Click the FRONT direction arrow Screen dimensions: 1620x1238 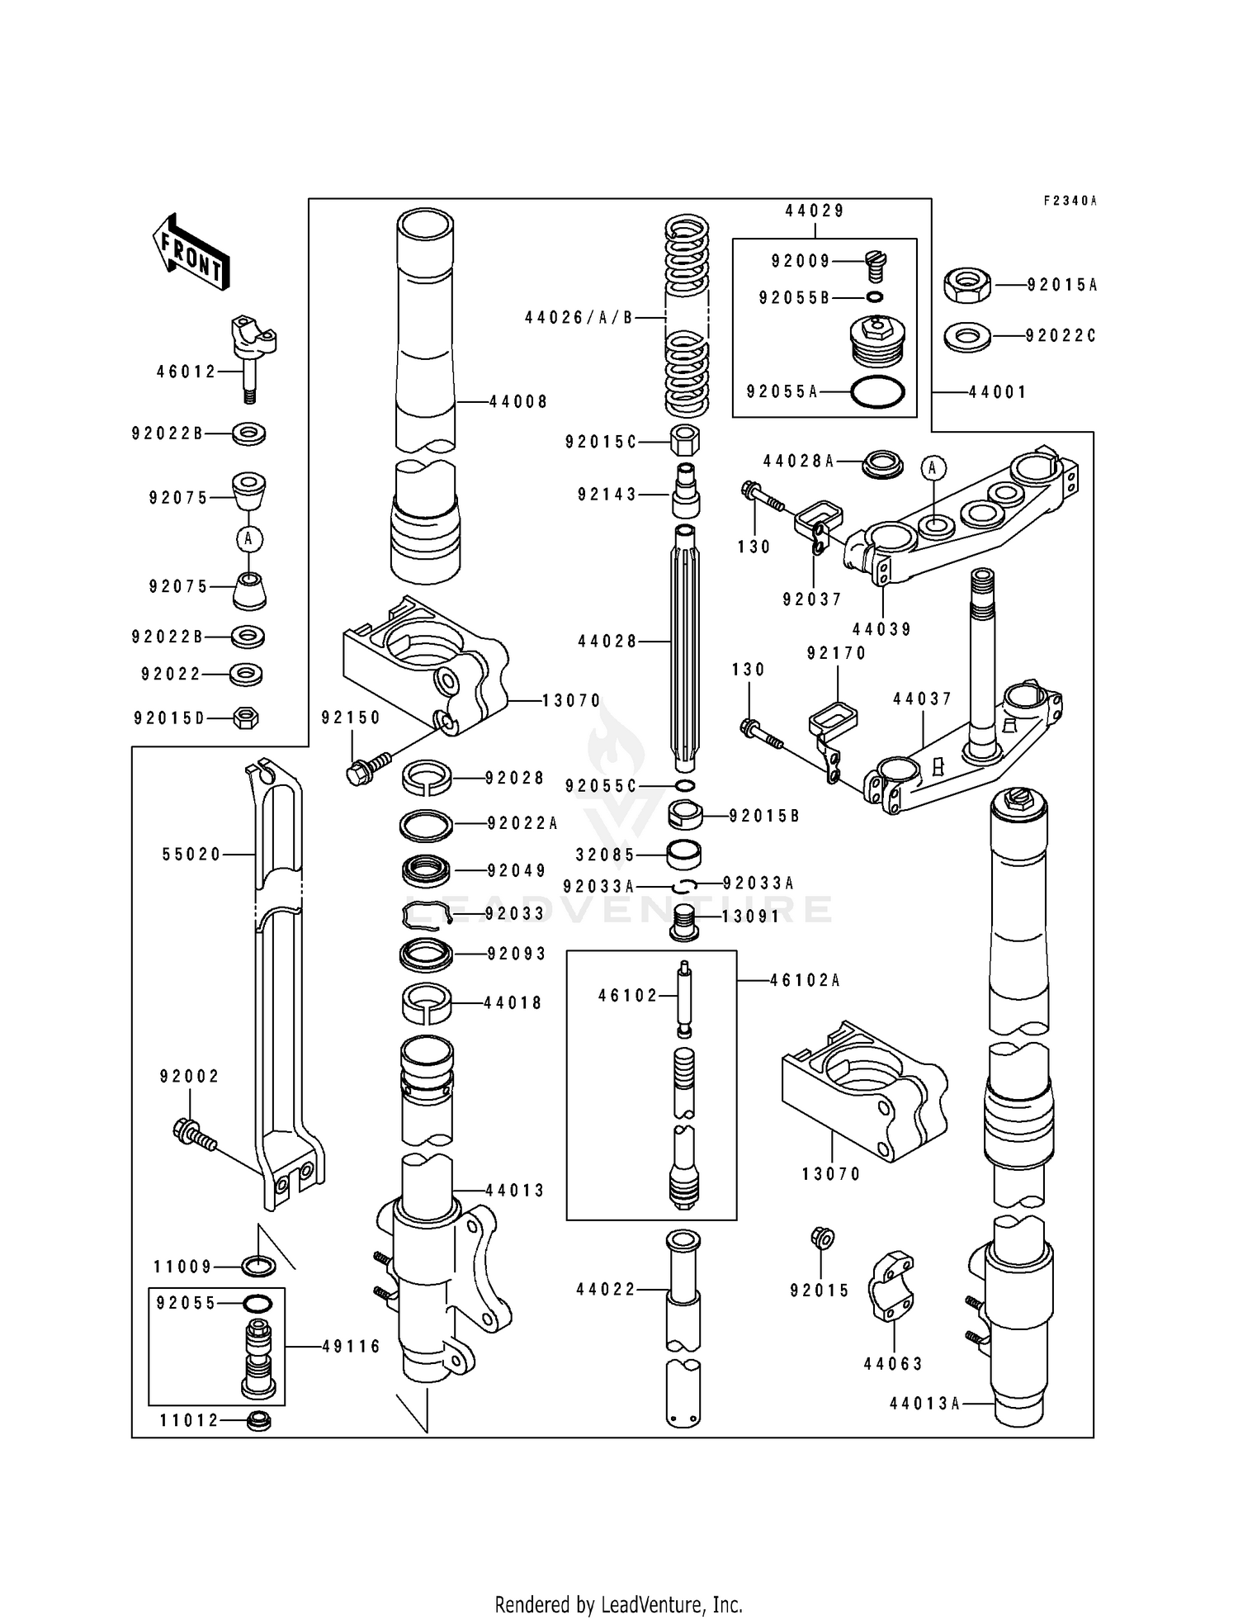[191, 252]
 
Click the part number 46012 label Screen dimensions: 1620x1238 [187, 372]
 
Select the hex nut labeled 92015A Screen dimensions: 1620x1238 [966, 285]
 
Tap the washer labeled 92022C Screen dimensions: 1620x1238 [967, 337]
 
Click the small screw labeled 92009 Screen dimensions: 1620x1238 [876, 266]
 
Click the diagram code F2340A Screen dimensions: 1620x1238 [1070, 201]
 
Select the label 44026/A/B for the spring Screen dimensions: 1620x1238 [579, 318]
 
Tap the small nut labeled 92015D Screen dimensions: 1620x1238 [246, 718]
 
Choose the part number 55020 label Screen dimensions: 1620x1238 [192, 855]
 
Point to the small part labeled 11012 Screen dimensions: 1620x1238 [259, 1421]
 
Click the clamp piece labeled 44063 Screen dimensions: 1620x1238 [891, 1291]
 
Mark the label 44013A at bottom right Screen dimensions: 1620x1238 [924, 1403]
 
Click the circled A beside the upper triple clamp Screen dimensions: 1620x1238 [933, 468]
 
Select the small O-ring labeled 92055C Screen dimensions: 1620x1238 [684, 785]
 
